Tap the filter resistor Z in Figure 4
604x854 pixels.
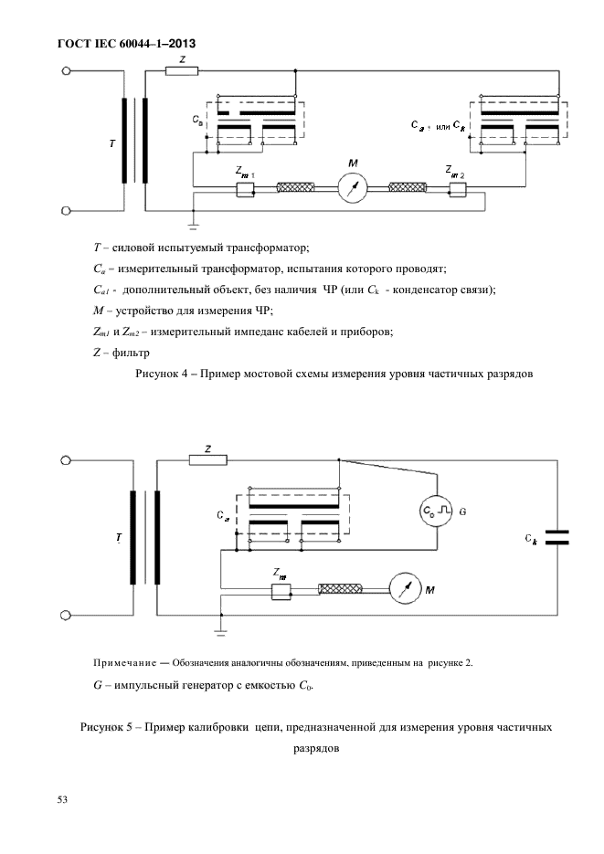tap(183, 69)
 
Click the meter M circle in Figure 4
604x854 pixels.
tap(352, 189)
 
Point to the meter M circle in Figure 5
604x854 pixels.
tap(403, 590)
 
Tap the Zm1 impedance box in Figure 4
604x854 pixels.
tap(245, 189)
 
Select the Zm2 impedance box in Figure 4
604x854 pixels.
tap(457, 189)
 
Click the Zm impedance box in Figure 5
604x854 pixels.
tap(281, 592)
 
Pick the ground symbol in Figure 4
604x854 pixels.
tap(194, 220)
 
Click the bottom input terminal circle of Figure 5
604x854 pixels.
tap(65, 616)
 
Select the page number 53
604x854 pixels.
tap(63, 800)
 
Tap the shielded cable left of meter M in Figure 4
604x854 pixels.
tap(296, 189)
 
